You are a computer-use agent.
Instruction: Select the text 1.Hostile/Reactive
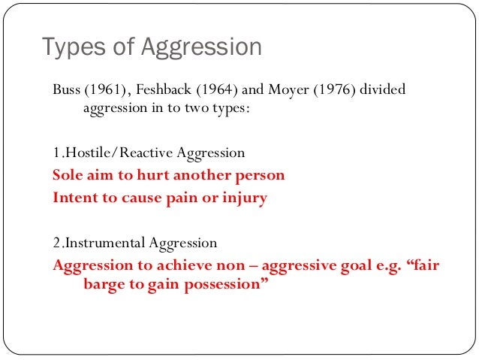[x=113, y=153]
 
